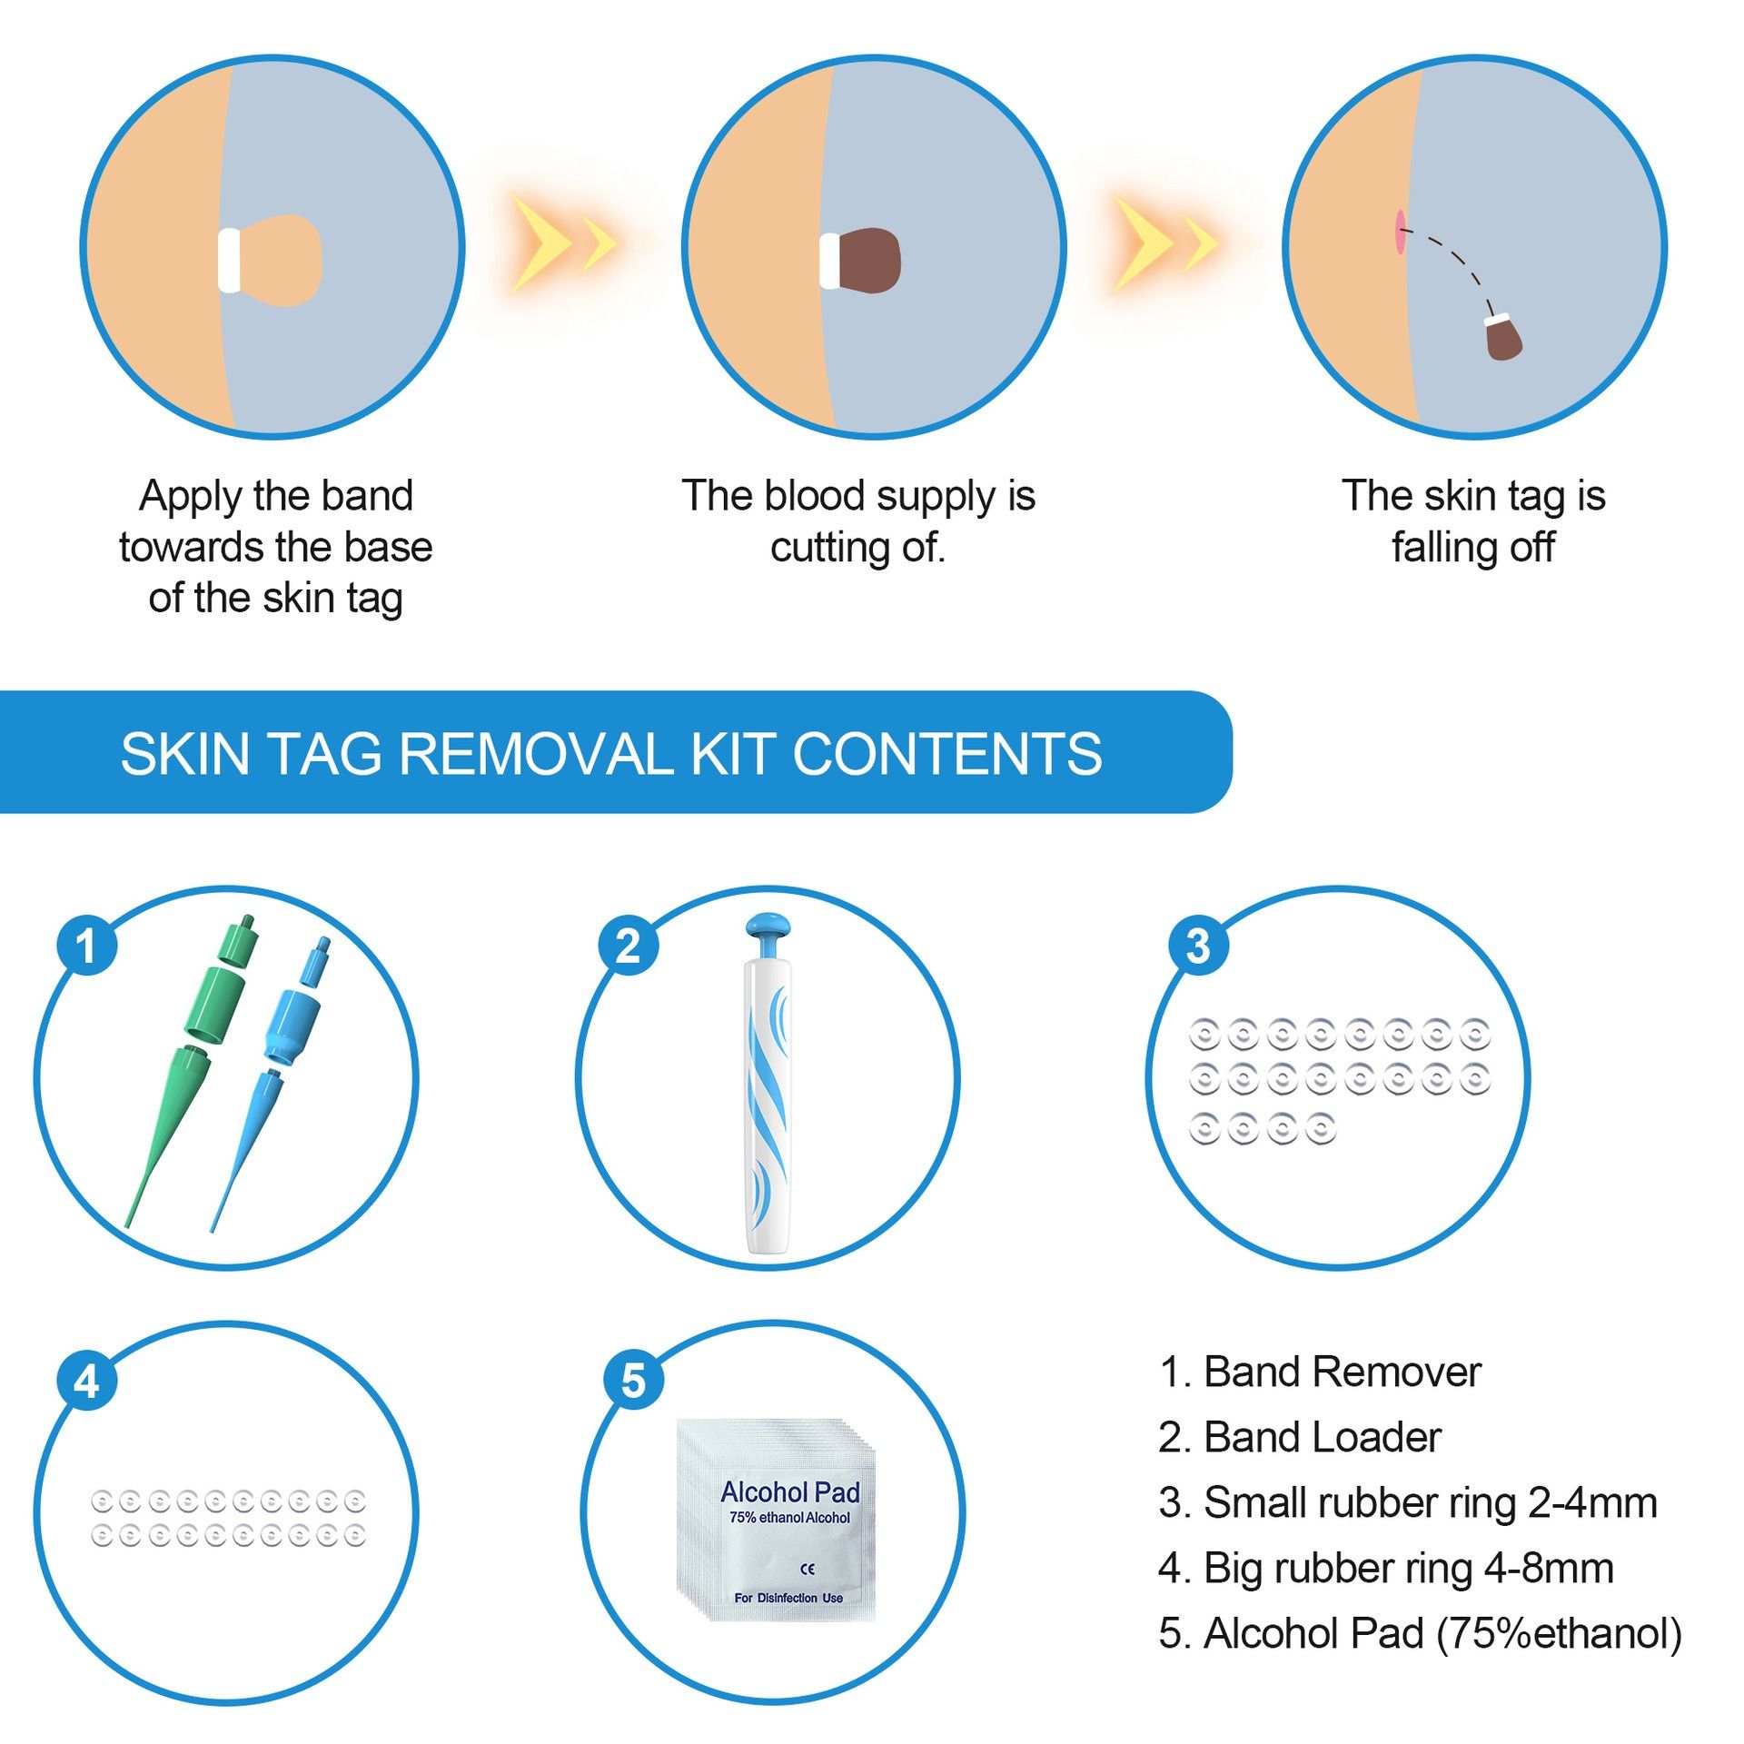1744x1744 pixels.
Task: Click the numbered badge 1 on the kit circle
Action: pos(86,946)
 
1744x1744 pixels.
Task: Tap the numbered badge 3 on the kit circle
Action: pos(1197,946)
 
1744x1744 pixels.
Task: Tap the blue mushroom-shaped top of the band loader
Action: pos(768,928)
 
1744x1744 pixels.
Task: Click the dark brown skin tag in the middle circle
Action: pos(869,261)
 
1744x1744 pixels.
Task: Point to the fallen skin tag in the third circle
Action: pos(1503,339)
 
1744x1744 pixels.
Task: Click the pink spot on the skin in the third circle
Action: pos(1400,232)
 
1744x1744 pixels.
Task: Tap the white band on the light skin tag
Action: pos(229,261)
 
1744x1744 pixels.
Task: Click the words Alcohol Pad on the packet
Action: pos(789,1491)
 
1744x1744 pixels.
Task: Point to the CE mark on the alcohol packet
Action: pos(808,1569)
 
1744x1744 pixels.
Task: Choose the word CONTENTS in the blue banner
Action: pos(947,753)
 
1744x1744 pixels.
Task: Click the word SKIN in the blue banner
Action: pos(184,753)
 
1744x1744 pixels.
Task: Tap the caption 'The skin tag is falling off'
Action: pos(1472,521)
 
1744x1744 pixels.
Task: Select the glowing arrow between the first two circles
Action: pos(563,243)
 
